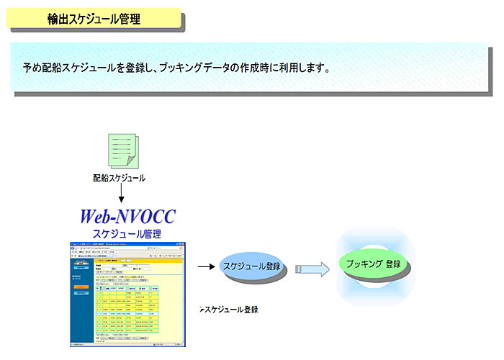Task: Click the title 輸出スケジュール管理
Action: (94, 18)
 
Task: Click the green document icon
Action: (120, 150)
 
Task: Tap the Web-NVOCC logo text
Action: (127, 216)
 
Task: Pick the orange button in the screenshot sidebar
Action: (79, 286)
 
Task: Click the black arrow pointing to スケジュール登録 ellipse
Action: (207, 267)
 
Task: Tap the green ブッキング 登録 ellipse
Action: (373, 264)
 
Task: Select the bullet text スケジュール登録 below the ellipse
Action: (230, 310)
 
